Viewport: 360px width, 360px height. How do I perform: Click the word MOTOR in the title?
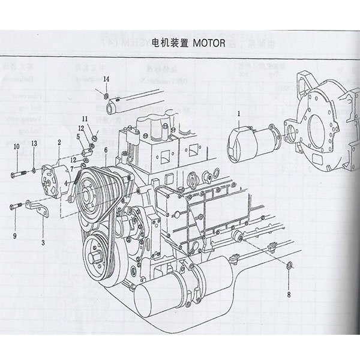pos(209,43)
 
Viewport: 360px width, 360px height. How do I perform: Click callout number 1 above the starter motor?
pos(238,113)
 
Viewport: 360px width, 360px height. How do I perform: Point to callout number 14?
pos(106,80)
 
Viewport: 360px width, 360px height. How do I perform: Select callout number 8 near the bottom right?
pos(289,294)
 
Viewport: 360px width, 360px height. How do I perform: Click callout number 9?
pos(14,236)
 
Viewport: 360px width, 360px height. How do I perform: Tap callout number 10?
pos(17,146)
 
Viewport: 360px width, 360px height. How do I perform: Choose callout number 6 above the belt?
pos(106,150)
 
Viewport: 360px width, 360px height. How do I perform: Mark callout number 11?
pos(85,118)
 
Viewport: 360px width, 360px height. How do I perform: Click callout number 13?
pos(34,143)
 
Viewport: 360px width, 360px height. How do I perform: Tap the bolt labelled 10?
pos(19,175)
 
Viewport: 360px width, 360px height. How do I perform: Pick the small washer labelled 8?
pos(290,265)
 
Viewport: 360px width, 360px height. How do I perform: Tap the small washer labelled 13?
pos(35,172)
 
